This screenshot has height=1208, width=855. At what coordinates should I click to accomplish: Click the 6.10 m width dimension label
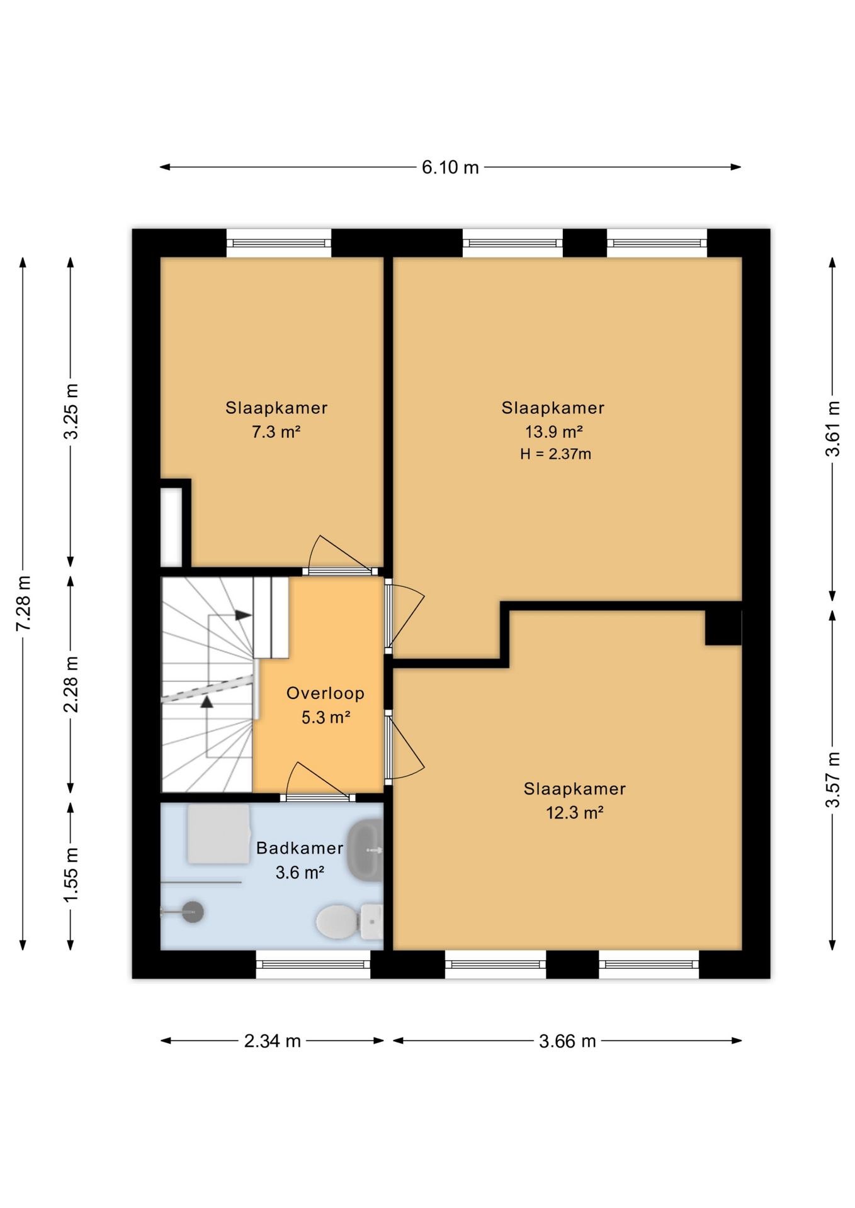tap(450, 167)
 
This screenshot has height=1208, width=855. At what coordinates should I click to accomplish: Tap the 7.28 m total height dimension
tap(23, 603)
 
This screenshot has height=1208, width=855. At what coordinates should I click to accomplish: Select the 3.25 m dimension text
tap(71, 411)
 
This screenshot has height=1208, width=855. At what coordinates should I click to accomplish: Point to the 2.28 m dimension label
tap(71, 685)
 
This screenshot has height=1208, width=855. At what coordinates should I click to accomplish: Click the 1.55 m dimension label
tap(71, 875)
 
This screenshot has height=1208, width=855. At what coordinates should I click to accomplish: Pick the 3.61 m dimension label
tap(833, 428)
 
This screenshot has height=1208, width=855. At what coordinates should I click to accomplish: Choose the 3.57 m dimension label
tap(833, 780)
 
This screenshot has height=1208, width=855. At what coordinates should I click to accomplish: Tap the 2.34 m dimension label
tap(272, 1041)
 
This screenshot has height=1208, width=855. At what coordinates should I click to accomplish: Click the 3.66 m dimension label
tap(567, 1041)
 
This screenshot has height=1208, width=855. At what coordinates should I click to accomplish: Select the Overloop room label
tap(326, 693)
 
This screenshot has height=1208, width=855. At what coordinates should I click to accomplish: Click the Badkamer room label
tap(300, 848)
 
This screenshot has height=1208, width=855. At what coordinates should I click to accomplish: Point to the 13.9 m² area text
tap(554, 432)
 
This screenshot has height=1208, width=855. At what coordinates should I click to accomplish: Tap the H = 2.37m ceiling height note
tap(555, 454)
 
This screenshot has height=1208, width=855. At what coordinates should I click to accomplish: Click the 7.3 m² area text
tap(276, 432)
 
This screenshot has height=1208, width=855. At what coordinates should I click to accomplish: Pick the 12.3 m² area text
tap(575, 813)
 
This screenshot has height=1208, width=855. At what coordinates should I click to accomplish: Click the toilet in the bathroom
tap(349, 922)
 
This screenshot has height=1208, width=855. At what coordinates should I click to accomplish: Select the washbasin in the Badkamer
tap(366, 850)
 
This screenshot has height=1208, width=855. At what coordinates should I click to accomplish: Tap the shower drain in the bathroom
tap(193, 912)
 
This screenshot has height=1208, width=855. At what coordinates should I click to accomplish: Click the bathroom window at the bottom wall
tap(313, 964)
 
